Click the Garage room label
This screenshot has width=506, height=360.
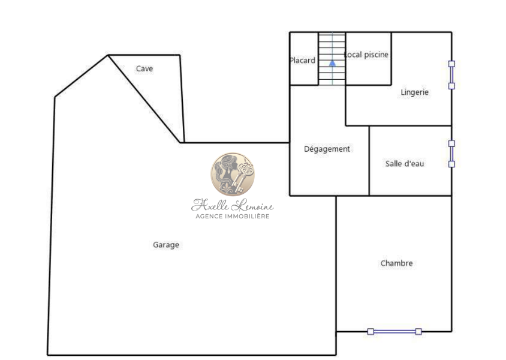(x=166, y=245)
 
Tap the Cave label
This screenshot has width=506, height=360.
(x=144, y=68)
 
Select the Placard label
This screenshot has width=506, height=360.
(x=302, y=61)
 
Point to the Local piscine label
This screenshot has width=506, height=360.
(x=366, y=55)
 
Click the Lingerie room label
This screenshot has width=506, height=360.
(x=415, y=92)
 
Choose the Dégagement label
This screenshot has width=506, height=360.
(x=327, y=149)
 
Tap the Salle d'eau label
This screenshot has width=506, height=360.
(x=405, y=163)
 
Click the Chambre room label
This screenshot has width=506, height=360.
(x=397, y=263)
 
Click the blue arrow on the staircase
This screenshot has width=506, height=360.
(x=332, y=63)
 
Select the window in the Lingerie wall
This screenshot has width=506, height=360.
(x=452, y=75)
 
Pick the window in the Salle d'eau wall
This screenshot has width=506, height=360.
(x=452, y=154)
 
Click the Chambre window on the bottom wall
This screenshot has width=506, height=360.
(x=394, y=332)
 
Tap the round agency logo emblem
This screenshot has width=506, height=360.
(x=233, y=175)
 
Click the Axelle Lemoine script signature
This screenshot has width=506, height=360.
(x=233, y=205)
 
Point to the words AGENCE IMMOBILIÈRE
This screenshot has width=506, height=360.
(x=233, y=217)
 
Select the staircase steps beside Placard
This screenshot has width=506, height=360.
(x=332, y=58)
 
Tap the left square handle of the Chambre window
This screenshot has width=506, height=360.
(x=371, y=332)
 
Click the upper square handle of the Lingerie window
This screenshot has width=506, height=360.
(x=452, y=64)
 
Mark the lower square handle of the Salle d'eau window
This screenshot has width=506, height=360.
(x=452, y=164)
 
